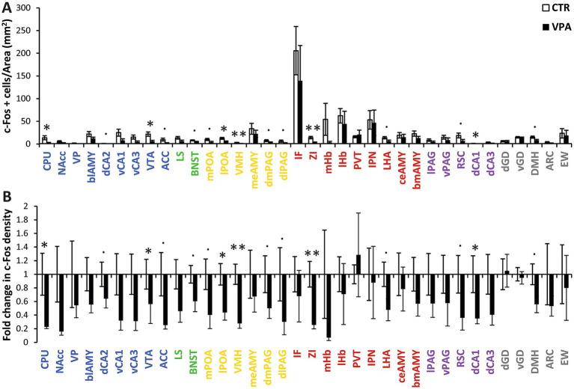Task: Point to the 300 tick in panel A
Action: [x=25, y=7]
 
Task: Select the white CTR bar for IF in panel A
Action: [x=296, y=97]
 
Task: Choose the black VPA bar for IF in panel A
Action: [x=302, y=112]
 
